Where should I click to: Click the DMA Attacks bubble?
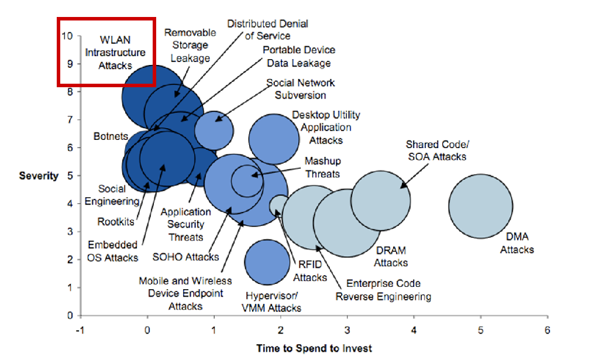[x=481, y=205]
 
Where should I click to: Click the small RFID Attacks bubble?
[x=279, y=204]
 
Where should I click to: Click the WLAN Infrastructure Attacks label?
[x=115, y=53]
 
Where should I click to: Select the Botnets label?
[x=111, y=136]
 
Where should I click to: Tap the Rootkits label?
[x=116, y=222]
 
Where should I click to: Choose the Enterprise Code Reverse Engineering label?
[x=383, y=290]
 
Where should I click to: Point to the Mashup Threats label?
[x=322, y=167]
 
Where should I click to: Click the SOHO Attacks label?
[x=185, y=256]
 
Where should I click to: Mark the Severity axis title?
[x=39, y=176]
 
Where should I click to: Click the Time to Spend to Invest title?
[x=314, y=348]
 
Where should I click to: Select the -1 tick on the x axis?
[x=81, y=329]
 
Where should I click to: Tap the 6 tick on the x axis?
[x=548, y=329]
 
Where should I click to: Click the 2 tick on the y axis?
[x=70, y=259]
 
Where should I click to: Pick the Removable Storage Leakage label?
[x=187, y=46]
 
